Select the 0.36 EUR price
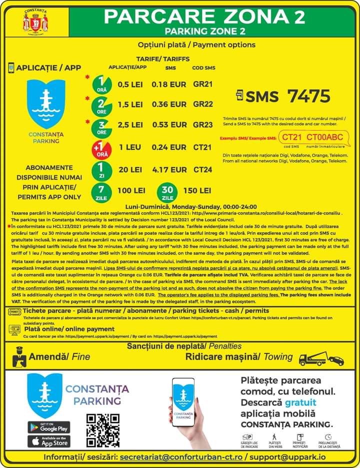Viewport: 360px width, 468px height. click(x=169, y=104)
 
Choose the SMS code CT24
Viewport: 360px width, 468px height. click(x=203, y=169)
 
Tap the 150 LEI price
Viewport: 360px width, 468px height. click(x=197, y=190)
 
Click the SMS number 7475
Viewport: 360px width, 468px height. click(x=308, y=96)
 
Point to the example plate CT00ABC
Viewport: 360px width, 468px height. click(x=324, y=137)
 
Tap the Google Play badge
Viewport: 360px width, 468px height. click(x=48, y=427)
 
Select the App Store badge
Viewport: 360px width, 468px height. click(x=48, y=441)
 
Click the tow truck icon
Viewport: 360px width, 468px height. click(x=320, y=358)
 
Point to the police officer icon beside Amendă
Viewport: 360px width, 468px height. click(x=18, y=356)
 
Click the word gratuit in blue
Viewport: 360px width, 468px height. click(x=300, y=402)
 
